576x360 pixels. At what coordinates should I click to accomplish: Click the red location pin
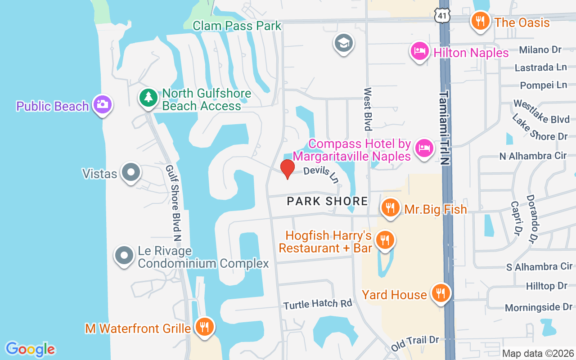pos(288,169)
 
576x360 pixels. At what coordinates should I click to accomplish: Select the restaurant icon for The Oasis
pos(481,21)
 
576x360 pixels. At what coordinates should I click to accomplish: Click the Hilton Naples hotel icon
pos(419,51)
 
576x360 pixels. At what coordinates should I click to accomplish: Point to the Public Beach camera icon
pos(103,105)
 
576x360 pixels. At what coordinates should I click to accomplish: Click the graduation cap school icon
pos(344,43)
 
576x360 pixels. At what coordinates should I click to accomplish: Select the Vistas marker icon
pos(131,172)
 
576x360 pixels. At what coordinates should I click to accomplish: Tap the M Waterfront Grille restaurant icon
pos(205,327)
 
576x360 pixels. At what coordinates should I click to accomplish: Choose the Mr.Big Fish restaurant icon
pos(390,207)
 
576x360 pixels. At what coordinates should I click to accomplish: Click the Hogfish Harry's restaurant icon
pos(384,240)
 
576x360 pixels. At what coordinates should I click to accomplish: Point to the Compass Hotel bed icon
pos(424,148)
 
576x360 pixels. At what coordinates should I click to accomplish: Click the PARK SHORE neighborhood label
pos(328,201)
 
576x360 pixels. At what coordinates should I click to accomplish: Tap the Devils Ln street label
pos(321,175)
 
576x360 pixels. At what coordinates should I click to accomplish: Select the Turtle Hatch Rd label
pos(318,304)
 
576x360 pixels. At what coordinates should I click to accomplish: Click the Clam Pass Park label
pos(237,26)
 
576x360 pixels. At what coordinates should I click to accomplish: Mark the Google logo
pos(30,349)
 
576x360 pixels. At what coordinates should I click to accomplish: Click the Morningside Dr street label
pos(538,307)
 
